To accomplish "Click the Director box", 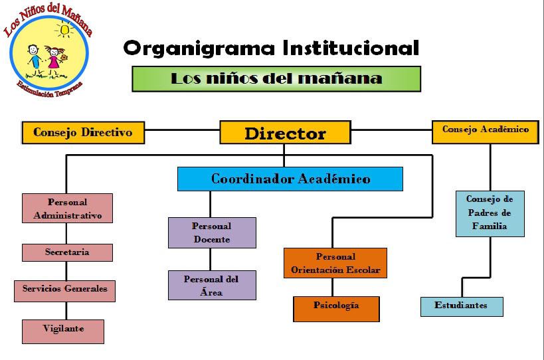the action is coord(285,132).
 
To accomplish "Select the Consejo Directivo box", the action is coord(83,132).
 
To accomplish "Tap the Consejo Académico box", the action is coord(486,132).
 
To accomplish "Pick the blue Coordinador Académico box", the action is coord(290,179).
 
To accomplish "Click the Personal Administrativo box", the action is coord(67,208).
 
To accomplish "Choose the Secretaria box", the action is coord(67,252).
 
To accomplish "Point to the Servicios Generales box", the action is coord(64,291).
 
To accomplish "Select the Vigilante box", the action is coord(63,331).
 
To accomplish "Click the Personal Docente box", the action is coord(212,232).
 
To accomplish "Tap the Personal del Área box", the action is coord(212,285).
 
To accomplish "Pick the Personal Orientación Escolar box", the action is coord(335,263).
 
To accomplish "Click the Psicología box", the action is coord(336,309).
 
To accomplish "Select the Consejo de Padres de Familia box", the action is coord(490,214).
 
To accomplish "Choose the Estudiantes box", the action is coord(462,307).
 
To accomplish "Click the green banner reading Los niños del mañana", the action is coord(276,79).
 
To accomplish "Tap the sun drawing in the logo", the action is coord(64,29).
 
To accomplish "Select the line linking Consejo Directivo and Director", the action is coord(182,130).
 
